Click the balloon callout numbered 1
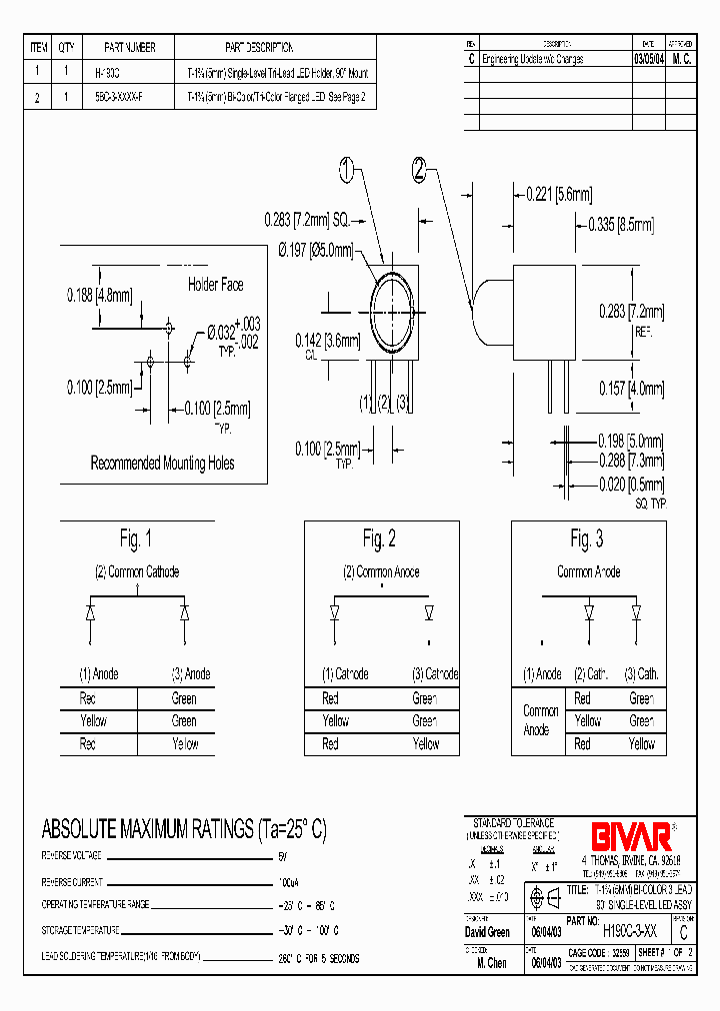pyautogui.click(x=347, y=171)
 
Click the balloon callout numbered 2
pyautogui.click(x=419, y=170)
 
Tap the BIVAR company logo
pyautogui.click(x=620, y=834)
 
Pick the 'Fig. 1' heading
pyautogui.click(x=136, y=539)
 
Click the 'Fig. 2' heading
pyautogui.click(x=379, y=539)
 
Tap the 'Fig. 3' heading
pyautogui.click(x=587, y=539)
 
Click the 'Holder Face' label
pyautogui.click(x=215, y=285)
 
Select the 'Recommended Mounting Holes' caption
pyautogui.click(x=163, y=463)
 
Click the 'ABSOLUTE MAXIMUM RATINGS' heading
pyautogui.click(x=183, y=829)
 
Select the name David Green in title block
pyautogui.click(x=489, y=932)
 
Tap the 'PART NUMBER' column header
pyautogui.click(x=130, y=47)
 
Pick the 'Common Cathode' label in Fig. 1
pyautogui.click(x=136, y=572)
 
